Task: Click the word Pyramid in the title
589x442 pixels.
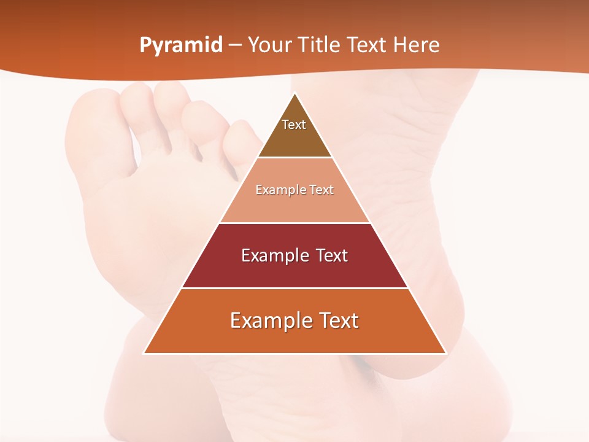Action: click(180, 45)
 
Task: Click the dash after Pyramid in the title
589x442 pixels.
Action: click(235, 45)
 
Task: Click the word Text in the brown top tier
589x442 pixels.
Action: click(294, 125)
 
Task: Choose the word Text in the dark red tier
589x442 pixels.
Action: click(332, 255)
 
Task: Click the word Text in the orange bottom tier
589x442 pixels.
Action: click(338, 320)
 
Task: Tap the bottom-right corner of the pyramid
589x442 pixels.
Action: click(445, 353)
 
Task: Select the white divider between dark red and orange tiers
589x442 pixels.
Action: click(294, 288)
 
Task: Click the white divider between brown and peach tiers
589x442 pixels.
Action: click(294, 158)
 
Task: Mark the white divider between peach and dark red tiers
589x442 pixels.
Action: click(294, 223)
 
